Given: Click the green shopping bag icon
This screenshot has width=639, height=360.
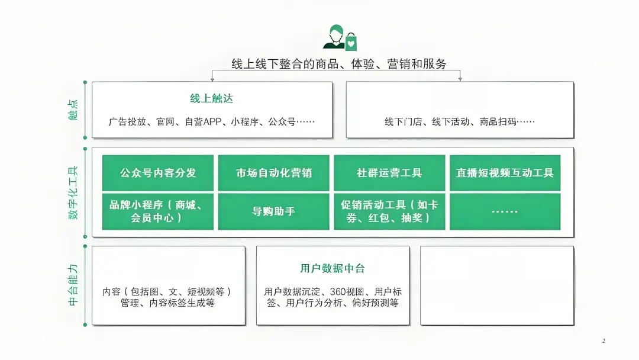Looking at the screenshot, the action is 351,41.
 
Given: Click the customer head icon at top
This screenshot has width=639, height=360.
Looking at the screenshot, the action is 335,36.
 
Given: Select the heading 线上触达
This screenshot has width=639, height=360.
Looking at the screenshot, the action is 211,98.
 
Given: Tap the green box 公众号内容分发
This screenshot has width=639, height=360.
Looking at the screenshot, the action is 158,172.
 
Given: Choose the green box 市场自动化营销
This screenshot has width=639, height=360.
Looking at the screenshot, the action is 273,172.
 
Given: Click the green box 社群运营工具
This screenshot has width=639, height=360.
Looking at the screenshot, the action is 389,172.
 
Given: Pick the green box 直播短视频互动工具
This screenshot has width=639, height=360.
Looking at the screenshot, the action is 505,172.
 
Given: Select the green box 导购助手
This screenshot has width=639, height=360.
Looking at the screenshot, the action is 273,211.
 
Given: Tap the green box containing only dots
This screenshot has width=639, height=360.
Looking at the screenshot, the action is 505,211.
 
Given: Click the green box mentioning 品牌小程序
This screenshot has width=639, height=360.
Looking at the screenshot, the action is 158,211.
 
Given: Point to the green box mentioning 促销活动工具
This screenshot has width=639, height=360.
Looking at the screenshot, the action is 389,211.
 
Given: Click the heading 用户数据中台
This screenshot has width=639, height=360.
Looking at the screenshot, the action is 333,268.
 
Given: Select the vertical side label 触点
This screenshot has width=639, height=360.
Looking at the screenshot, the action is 73,110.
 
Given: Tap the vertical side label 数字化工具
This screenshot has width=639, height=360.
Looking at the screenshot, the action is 73,192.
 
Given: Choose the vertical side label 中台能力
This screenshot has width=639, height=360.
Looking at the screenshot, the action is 73,285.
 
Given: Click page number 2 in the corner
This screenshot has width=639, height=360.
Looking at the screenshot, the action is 603,341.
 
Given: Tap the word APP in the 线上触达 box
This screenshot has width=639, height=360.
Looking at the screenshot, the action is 212,121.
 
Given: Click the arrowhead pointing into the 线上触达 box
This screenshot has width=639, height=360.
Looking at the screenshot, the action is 212,79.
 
